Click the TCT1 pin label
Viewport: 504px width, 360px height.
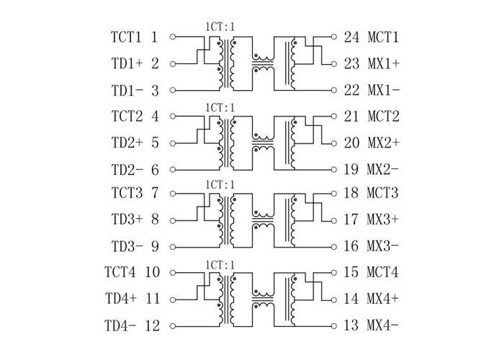click(127, 36)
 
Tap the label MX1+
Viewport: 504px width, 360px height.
click(384, 63)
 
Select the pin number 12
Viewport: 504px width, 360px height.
click(152, 325)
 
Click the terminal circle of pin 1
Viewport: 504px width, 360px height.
click(173, 36)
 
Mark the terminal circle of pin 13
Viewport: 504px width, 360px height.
click(333, 325)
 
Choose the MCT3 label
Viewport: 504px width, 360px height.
click(384, 193)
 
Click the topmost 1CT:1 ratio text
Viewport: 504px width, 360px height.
click(220, 27)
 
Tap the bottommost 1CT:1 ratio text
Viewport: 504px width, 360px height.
click(220, 264)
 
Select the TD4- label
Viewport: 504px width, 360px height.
click(121, 325)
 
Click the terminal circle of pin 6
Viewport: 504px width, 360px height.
click(173, 170)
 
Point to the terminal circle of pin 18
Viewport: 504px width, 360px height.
click(333, 193)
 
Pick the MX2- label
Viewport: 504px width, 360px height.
click(384, 170)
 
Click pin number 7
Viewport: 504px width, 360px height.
click(155, 193)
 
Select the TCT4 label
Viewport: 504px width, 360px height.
click(121, 272)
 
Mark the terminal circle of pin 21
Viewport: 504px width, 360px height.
click(333, 115)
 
